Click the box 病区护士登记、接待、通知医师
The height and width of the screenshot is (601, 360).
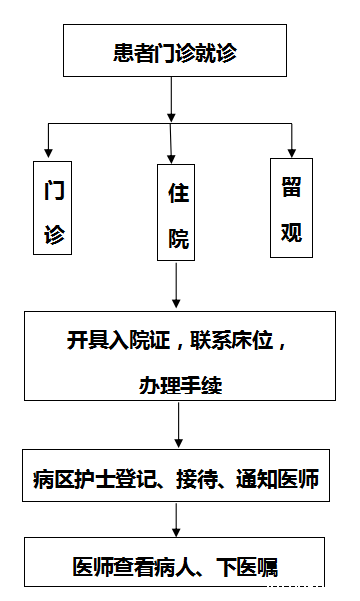[175, 480]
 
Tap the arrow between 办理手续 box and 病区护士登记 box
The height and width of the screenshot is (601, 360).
[177, 427]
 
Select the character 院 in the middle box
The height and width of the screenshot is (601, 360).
[178, 239]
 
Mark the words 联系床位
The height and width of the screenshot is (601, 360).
[239, 340]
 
